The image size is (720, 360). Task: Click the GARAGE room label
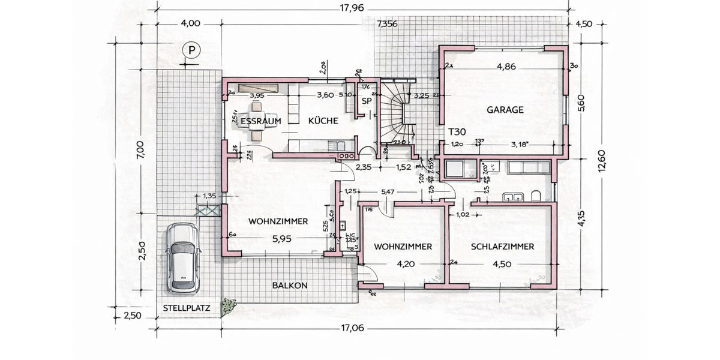point(505,110)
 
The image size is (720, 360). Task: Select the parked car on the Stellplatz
point(182,257)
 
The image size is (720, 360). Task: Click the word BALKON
point(289,286)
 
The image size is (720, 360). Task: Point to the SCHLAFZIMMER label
point(502,246)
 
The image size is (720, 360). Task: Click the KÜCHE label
point(323,121)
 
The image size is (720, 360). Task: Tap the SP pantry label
point(367,101)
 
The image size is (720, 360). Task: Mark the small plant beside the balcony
point(228,307)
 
